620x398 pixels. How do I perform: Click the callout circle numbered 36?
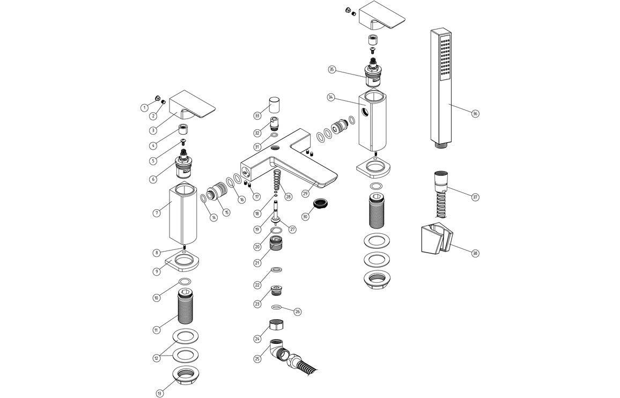click(x=475, y=114)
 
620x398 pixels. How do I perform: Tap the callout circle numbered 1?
click(x=144, y=107)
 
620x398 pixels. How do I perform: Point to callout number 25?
click(x=257, y=358)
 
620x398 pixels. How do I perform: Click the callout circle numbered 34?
click(x=331, y=98)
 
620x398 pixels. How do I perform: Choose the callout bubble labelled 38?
click(x=475, y=253)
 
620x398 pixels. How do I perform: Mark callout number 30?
click(x=306, y=217)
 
